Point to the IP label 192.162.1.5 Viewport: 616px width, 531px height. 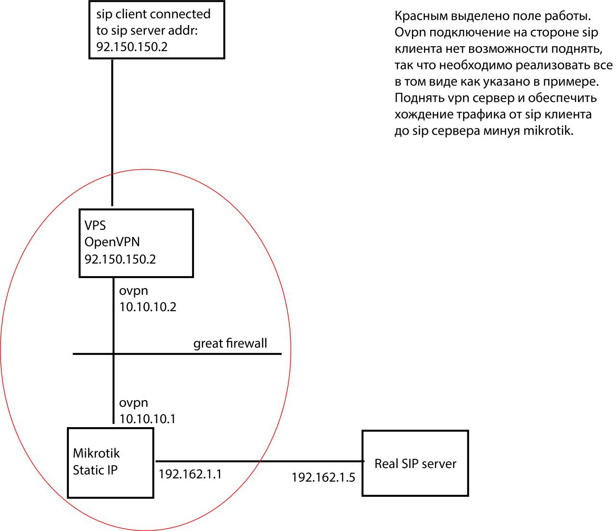tap(323, 478)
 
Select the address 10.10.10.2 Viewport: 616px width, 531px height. tap(148, 307)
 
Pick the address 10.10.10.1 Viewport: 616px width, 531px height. tap(147, 419)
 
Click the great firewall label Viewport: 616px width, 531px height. tap(230, 343)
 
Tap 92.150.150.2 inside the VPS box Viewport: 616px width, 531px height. tap(120, 259)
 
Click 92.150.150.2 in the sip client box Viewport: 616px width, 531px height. tap(132, 47)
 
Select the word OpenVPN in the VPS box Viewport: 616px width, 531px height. tap(112, 242)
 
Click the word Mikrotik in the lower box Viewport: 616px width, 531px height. tap(96, 453)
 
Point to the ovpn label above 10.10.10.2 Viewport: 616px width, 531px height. tap(133, 291)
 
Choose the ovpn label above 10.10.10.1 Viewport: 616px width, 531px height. tap(133, 403)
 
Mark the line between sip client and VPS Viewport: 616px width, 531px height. tap(112, 133)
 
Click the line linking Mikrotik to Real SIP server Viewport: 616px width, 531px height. tap(259, 461)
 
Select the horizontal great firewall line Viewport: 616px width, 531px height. tap(177, 354)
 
